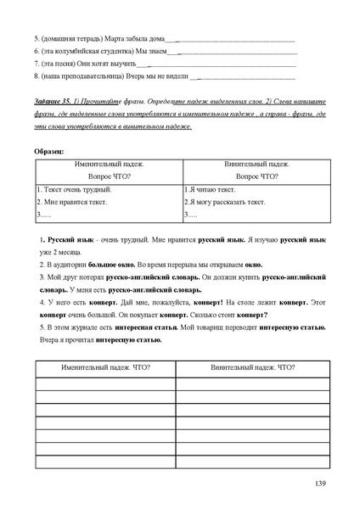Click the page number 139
(x=319, y=484)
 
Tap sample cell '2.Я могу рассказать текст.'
(x=225, y=203)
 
